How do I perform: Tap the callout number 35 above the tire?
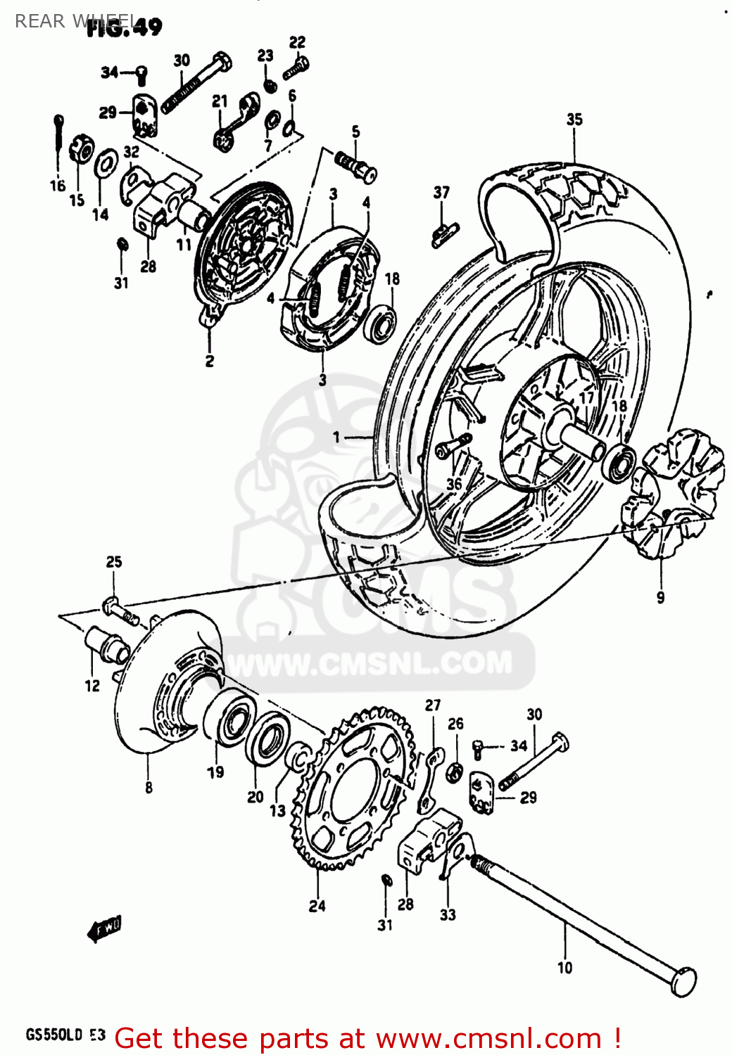click(574, 120)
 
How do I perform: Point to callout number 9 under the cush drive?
click(660, 597)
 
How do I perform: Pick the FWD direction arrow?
click(104, 929)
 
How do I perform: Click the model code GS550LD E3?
click(65, 1035)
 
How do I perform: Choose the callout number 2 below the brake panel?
click(209, 362)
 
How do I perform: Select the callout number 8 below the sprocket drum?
click(149, 788)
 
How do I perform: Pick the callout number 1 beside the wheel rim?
click(336, 437)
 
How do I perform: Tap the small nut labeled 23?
click(269, 87)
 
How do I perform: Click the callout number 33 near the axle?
click(448, 914)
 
